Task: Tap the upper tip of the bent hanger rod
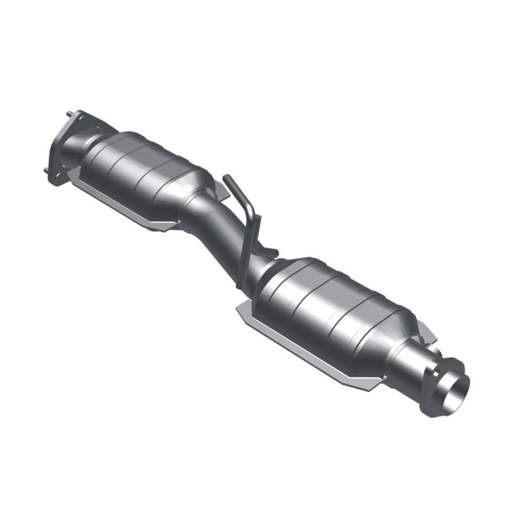(226, 178)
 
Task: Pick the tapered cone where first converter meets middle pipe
(193, 193)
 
